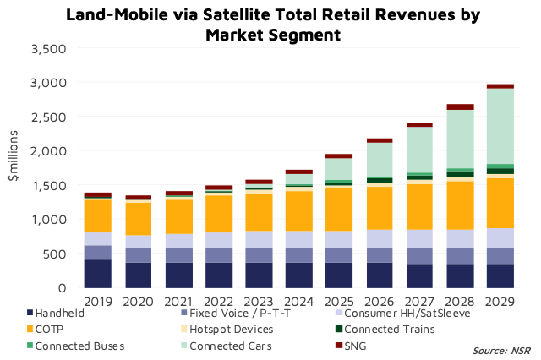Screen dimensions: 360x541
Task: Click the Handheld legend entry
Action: (x=60, y=314)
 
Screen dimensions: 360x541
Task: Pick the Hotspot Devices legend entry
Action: (x=232, y=330)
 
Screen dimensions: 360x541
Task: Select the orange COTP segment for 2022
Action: (x=218, y=214)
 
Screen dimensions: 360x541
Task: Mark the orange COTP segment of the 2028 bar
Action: (x=459, y=205)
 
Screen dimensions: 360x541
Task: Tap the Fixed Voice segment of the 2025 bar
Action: (x=339, y=255)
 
